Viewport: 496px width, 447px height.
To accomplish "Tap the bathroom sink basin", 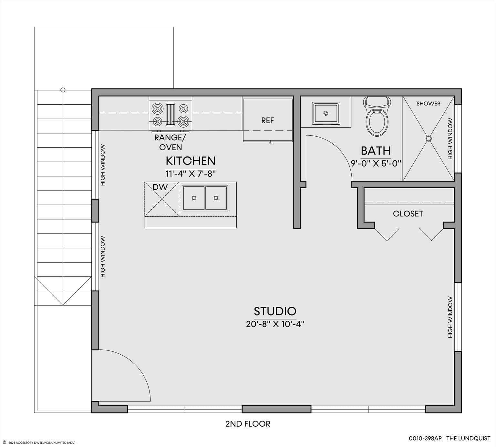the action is click(x=326, y=113).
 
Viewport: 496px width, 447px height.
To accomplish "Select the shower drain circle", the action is click(x=429, y=139).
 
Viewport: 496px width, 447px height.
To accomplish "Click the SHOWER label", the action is click(x=428, y=104).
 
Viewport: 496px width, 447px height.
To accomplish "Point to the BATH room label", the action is click(x=376, y=151).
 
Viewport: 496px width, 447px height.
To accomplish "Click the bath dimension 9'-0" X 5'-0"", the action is click(x=376, y=163).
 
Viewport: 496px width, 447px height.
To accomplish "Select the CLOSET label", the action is click(x=408, y=214).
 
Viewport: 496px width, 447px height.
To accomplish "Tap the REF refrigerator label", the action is click(x=267, y=120).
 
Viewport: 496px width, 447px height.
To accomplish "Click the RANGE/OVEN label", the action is click(x=170, y=142).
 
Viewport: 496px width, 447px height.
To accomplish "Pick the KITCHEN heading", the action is click(x=191, y=161).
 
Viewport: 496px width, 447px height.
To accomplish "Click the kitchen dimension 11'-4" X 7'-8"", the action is click(x=191, y=174).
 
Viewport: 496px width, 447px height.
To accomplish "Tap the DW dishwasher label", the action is click(x=160, y=187).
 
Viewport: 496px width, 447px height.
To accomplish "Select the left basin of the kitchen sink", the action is click(x=193, y=198).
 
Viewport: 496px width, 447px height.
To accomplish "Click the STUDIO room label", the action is click(x=275, y=311).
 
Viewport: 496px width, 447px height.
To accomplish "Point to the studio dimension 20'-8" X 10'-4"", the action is click(x=275, y=324).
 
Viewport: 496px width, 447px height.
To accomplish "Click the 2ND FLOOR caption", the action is click(x=248, y=424).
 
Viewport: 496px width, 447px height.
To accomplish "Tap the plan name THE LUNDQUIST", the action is click(x=469, y=438).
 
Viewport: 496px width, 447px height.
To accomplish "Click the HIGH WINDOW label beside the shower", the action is click(x=450, y=139).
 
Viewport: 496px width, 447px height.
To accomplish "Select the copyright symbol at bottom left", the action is click(x=5, y=442).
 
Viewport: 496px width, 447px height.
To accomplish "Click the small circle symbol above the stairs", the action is click(x=63, y=90).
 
